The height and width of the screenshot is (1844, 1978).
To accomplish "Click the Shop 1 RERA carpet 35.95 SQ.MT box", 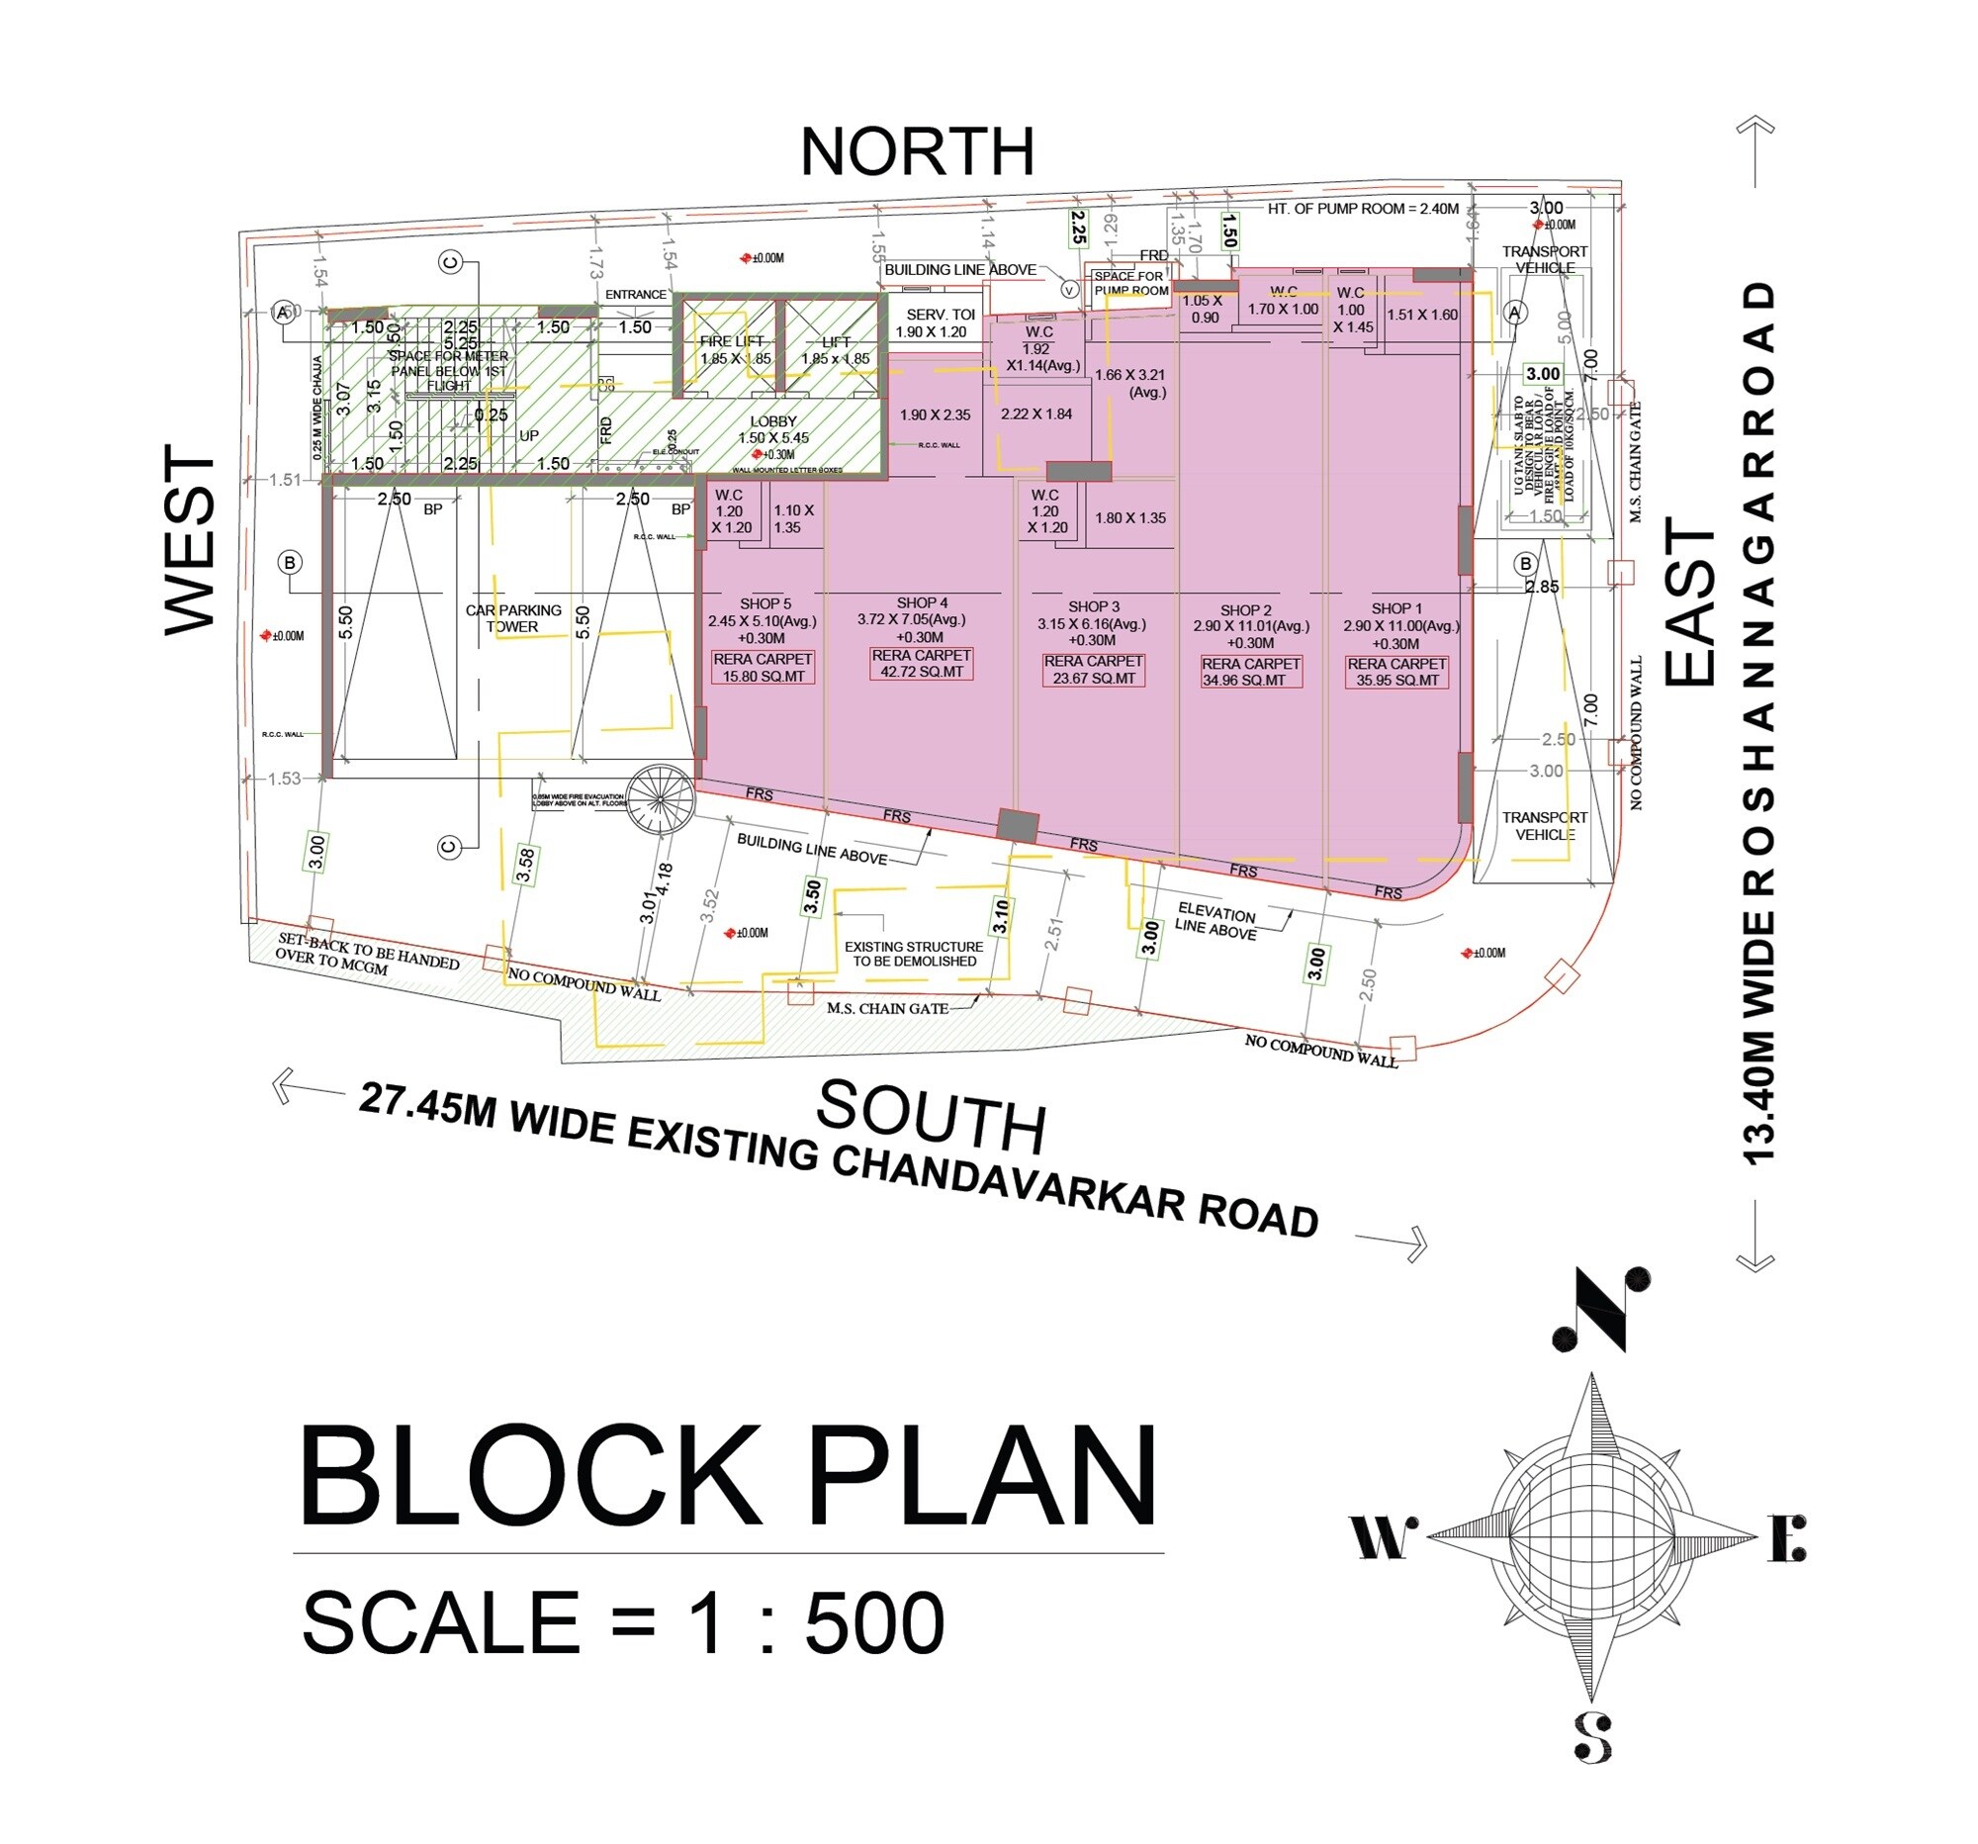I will click(x=1395, y=672).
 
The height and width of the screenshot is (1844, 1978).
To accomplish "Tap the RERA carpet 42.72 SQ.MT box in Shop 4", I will click(x=921, y=664).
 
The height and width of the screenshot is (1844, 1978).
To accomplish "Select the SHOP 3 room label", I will click(x=1093, y=606).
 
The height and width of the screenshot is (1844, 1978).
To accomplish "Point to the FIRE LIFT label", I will click(x=731, y=341).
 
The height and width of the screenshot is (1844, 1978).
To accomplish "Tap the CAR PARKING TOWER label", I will click(x=513, y=618).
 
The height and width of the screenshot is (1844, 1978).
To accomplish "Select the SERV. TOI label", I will click(x=940, y=315).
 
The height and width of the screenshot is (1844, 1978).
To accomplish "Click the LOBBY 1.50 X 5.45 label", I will click(x=773, y=429).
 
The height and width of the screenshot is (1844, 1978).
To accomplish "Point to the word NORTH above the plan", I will click(x=918, y=152).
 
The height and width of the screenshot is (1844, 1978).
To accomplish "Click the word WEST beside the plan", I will click(x=190, y=538).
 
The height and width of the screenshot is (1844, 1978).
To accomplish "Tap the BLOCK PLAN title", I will click(x=728, y=1476).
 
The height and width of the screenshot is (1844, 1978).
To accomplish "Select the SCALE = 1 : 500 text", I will click(x=623, y=1623).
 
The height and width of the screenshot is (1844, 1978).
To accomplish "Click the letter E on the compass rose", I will click(x=1787, y=1538).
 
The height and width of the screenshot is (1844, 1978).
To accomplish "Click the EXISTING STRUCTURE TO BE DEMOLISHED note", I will click(x=914, y=954).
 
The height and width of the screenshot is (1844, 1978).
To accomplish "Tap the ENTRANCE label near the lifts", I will click(x=636, y=295).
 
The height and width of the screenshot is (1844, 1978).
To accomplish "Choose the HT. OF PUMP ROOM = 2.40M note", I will click(x=1362, y=209).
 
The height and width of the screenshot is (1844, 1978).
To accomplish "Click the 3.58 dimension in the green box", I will click(x=525, y=864).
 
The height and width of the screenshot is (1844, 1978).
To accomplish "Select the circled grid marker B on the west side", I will click(x=290, y=563).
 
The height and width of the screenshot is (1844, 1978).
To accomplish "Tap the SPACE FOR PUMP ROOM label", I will click(x=1130, y=284).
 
